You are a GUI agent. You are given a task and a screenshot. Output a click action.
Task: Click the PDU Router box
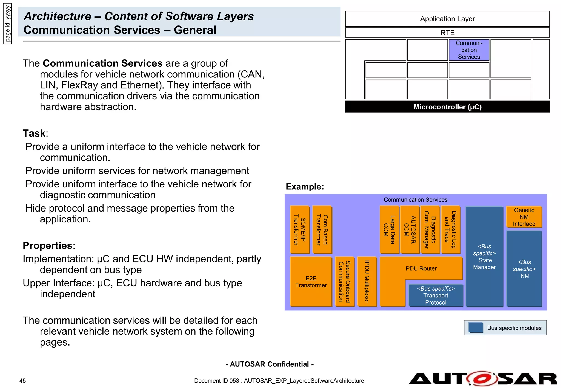pyautogui.click(x=421, y=268)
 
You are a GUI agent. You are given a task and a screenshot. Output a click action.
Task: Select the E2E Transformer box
pyautogui.click(x=311, y=282)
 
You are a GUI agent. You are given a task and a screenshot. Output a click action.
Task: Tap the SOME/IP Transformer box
pyautogui.click(x=300, y=230)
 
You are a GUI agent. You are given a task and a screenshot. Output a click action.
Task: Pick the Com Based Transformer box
pyautogui.click(x=322, y=230)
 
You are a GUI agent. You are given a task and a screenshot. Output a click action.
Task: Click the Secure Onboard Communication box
pyautogui.click(x=345, y=282)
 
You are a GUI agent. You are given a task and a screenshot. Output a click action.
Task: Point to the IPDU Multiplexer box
pyautogui.click(x=367, y=282)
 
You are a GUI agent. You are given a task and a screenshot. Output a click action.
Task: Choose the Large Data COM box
pyautogui.click(x=389, y=230)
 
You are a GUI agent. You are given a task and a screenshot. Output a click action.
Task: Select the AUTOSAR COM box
pyautogui.click(x=410, y=230)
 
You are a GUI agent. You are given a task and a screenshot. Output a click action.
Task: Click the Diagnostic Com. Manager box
pyautogui.click(x=430, y=230)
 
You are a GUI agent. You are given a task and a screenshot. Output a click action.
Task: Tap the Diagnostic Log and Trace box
pyautogui.click(x=451, y=230)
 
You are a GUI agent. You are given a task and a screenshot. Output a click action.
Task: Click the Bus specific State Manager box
pyautogui.click(x=484, y=257)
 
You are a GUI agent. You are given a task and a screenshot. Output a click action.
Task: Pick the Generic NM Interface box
pyautogui.click(x=524, y=217)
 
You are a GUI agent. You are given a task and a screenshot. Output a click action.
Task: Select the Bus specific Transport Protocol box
pyautogui.click(x=436, y=296)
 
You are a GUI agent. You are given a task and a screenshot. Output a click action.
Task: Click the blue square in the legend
pyautogui.click(x=476, y=328)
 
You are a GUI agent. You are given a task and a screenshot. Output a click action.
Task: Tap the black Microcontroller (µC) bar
pyautogui.click(x=447, y=107)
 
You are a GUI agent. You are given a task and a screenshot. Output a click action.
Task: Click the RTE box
pyautogui.click(x=447, y=33)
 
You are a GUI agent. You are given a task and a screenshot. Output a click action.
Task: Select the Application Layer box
pyautogui.click(x=447, y=19)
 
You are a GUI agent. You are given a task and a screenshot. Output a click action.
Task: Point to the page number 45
pyautogui.click(x=23, y=381)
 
